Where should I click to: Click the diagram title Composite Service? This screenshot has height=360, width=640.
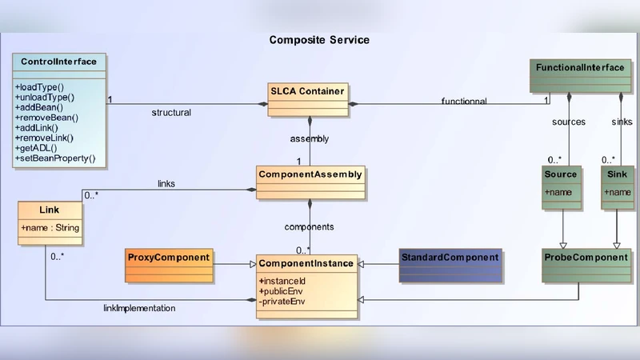pos(319,40)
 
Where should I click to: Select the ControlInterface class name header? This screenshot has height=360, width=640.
pos(59,62)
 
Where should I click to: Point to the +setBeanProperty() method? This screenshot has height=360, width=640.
pos(54,158)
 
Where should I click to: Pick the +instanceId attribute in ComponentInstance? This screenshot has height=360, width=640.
pos(282,281)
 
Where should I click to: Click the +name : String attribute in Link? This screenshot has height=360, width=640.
pos(50,229)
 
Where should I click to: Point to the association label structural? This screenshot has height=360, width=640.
pos(171,113)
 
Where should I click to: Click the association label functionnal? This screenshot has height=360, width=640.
pos(464,102)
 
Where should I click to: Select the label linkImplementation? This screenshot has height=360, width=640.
pos(139,308)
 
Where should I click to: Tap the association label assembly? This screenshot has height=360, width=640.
pos(309,138)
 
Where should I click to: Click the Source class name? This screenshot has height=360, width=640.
pos(560,174)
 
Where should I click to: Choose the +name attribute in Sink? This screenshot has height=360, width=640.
pos(618,192)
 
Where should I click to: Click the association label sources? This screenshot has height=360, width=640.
pos(569,122)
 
